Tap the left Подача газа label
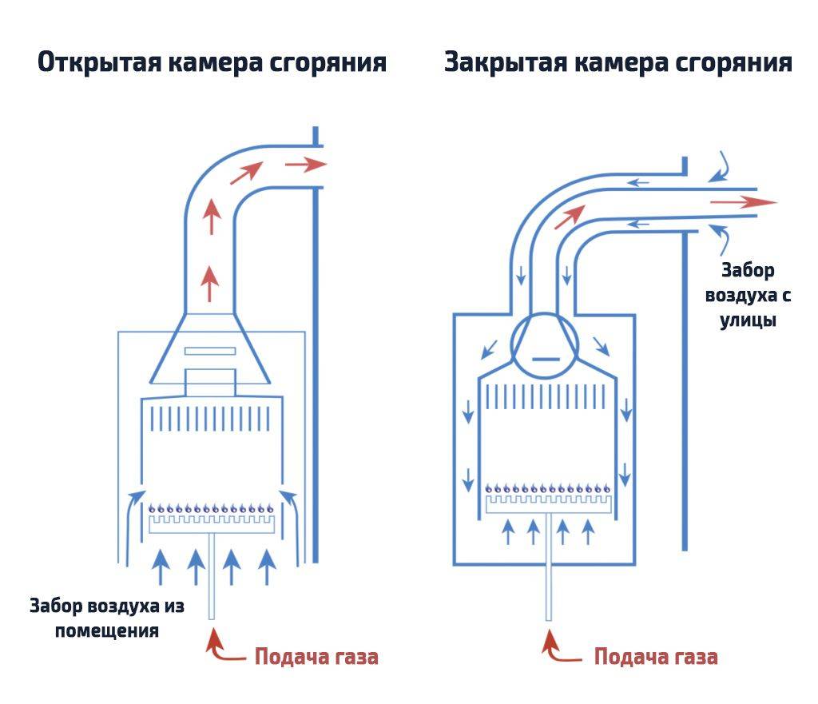pos(316,658)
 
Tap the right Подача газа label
pos(656,658)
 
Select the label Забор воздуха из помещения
pos(107,618)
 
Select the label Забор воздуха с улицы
pos(748,296)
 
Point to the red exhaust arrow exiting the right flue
pos(743,202)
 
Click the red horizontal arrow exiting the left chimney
pos(306,165)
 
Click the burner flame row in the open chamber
pos(212,507)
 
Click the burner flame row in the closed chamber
pos(549,487)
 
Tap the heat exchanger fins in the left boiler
pos(212,420)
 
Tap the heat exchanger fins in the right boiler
pos(549,397)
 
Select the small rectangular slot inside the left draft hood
pos(210,351)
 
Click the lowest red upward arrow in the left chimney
pos(210,283)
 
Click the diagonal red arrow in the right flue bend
pos(570,217)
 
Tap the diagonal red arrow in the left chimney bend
pos(250,172)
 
